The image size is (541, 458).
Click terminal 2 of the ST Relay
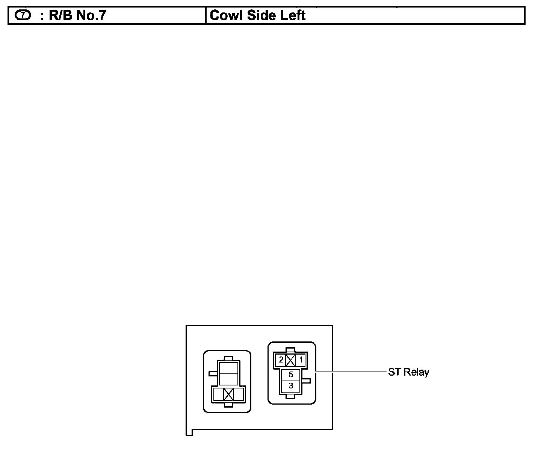click(x=281, y=360)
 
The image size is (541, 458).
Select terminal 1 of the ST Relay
click(x=301, y=360)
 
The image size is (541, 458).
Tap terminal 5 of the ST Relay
click(x=291, y=375)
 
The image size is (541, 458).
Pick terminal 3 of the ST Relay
click(x=291, y=386)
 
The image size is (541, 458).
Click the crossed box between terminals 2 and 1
click(x=291, y=360)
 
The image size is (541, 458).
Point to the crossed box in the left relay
click(x=228, y=394)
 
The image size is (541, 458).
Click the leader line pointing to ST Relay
click(x=351, y=372)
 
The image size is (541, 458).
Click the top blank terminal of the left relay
click(x=228, y=368)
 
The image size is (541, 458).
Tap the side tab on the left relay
click(x=213, y=373)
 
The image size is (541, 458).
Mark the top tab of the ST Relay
click(x=291, y=350)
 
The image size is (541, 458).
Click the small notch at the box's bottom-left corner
click(x=189, y=432)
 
